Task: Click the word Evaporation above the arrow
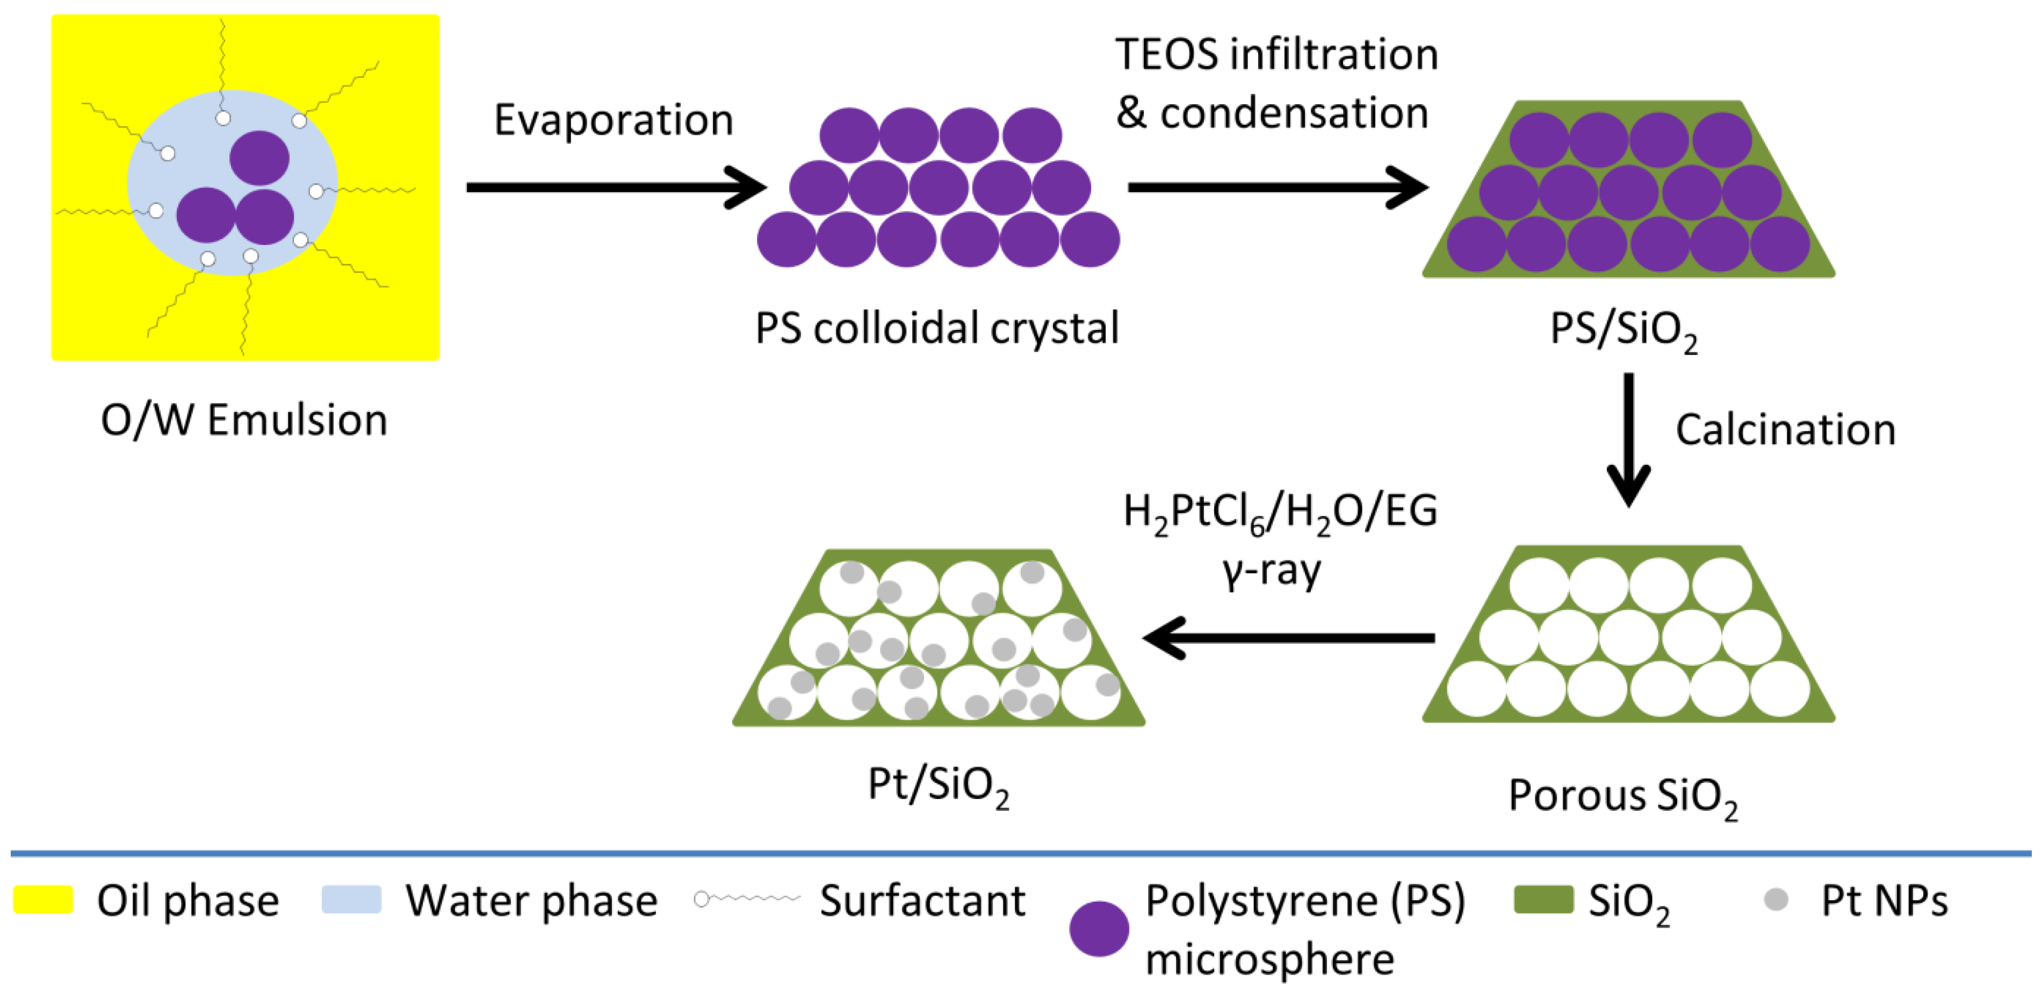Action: [x=614, y=120]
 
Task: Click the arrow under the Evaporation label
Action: [x=615, y=187]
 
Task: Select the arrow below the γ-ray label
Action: [x=1288, y=638]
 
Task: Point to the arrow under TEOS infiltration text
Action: [x=1277, y=187]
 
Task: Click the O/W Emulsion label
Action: [x=244, y=420]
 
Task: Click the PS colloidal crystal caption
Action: [x=937, y=328]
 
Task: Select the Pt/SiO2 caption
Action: [x=939, y=785]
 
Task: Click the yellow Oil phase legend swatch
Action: [x=43, y=900]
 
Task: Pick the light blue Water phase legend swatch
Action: [x=351, y=900]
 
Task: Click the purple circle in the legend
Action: [x=1099, y=929]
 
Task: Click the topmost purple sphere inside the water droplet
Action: [x=259, y=158]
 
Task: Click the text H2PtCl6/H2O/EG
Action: [x=1280, y=512]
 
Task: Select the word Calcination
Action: [x=1785, y=430]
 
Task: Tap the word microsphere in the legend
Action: [x=1269, y=960]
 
